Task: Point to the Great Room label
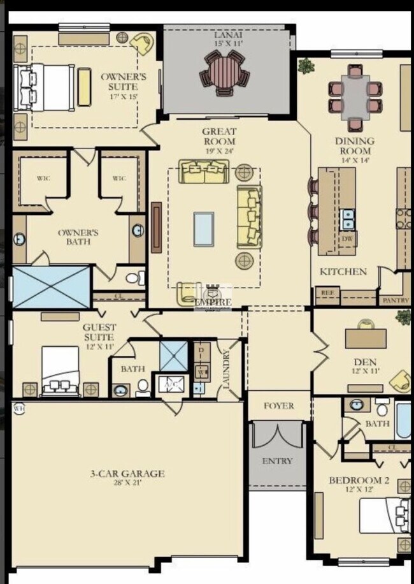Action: point(219,136)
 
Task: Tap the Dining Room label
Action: point(355,146)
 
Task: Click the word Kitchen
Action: point(343,272)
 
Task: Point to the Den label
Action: point(365,367)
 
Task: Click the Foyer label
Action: point(279,405)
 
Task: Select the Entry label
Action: point(278,461)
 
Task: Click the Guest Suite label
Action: point(99,332)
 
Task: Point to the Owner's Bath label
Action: point(78,237)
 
